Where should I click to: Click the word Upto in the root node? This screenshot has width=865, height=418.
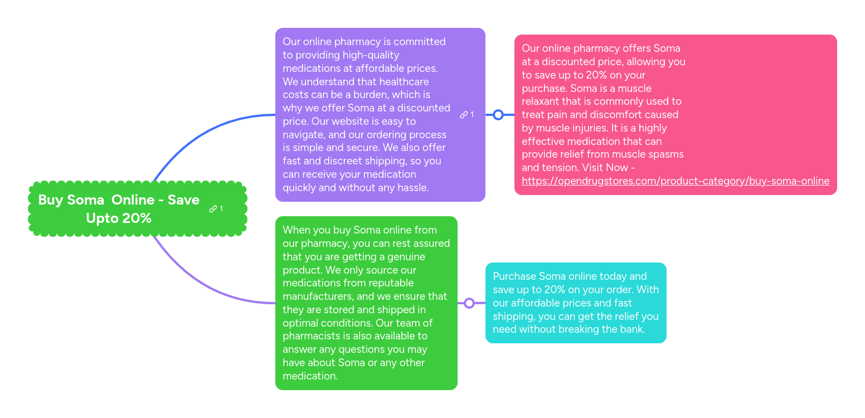click(x=102, y=218)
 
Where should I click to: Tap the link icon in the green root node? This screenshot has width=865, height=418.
click(x=213, y=209)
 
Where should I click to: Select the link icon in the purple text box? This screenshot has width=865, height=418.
click(x=464, y=115)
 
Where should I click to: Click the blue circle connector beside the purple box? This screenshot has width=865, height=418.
click(x=498, y=115)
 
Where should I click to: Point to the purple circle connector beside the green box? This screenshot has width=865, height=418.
click(x=469, y=303)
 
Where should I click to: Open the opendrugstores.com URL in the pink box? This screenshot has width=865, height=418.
click(x=675, y=181)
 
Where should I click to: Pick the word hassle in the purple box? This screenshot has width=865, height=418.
click(x=412, y=188)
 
